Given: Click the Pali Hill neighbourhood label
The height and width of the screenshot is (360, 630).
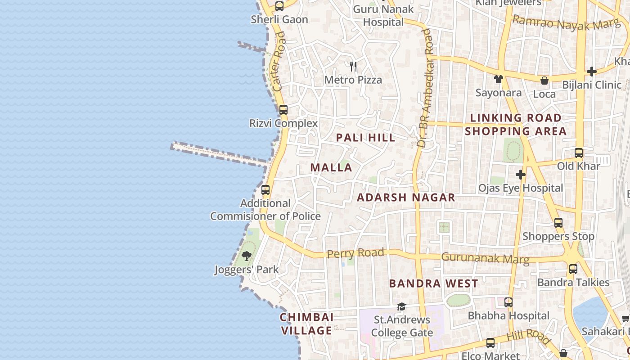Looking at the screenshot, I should tap(366, 138).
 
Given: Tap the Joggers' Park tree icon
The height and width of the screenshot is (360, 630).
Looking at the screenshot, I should tap(246, 256).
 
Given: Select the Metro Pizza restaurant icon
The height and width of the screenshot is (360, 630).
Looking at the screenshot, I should tap(353, 67).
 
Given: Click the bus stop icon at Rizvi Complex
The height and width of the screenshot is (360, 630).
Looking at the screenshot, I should tap(283, 110).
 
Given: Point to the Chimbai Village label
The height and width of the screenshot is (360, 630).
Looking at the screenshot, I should tap(307, 324).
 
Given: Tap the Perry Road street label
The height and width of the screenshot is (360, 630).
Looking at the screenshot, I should tap(355, 253).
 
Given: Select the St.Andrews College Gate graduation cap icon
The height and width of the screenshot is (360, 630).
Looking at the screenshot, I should tap(401, 307).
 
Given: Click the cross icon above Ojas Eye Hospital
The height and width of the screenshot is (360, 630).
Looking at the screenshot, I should tap(521, 174).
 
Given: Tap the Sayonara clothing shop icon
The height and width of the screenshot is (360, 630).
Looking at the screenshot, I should tap(498, 79).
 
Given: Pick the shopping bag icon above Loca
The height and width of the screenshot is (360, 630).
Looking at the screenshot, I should tap(544, 81).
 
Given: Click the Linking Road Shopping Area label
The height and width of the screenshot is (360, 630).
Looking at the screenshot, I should tap(516, 125).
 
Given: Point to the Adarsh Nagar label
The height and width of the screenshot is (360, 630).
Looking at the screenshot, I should tap(406, 198).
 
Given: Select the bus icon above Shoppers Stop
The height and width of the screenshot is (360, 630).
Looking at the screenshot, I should tap(558, 222).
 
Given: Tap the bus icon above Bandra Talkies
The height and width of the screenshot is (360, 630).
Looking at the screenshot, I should tap(573, 269).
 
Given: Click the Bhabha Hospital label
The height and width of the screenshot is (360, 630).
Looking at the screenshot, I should tap(508, 316).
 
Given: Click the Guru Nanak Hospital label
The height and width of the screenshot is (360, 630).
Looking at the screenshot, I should tap(383, 15).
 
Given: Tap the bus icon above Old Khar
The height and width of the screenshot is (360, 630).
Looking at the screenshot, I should tap(579, 153).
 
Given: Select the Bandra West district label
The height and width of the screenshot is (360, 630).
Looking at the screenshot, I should tap(433, 283).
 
